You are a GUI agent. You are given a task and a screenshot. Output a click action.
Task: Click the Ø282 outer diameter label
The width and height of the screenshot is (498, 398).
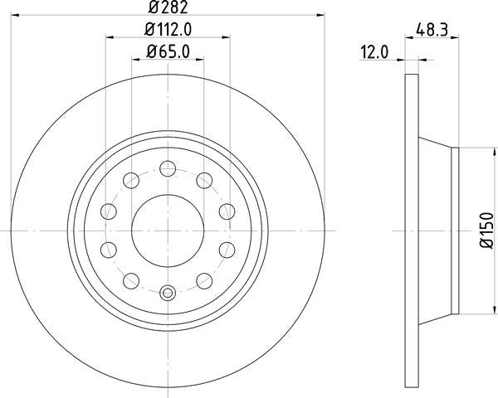[168, 9]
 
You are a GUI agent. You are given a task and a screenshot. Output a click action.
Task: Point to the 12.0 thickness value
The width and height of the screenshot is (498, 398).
[374, 51]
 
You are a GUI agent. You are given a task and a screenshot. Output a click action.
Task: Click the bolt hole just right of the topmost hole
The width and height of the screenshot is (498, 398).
[203, 181]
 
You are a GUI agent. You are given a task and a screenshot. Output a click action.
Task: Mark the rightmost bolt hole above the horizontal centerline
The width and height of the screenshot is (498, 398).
[226, 211]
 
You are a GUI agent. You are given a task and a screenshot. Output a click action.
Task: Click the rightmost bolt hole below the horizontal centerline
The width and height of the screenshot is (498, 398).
[226, 249]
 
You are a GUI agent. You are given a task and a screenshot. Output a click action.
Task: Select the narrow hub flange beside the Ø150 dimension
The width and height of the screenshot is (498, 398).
[454, 231]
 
